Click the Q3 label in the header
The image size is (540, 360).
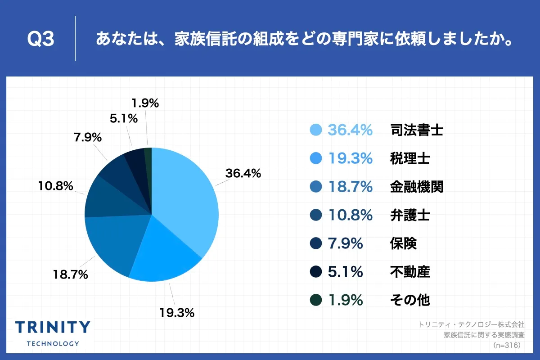pos(41,39)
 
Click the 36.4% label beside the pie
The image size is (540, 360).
pos(243,173)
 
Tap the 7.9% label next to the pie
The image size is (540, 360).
pos(88,137)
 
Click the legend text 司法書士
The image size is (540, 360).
pos(417,130)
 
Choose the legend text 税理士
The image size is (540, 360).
pos(410,158)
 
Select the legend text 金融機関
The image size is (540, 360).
pos(417,187)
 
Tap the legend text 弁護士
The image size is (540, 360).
pos(410,215)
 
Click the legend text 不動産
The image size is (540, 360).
pos(410,271)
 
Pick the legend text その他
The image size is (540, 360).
pos(410,300)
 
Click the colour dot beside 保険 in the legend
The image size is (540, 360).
pos(316,243)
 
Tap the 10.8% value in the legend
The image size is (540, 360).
pos(350,215)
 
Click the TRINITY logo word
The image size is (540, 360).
pos(53,328)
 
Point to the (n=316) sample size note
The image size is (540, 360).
pos(507,345)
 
